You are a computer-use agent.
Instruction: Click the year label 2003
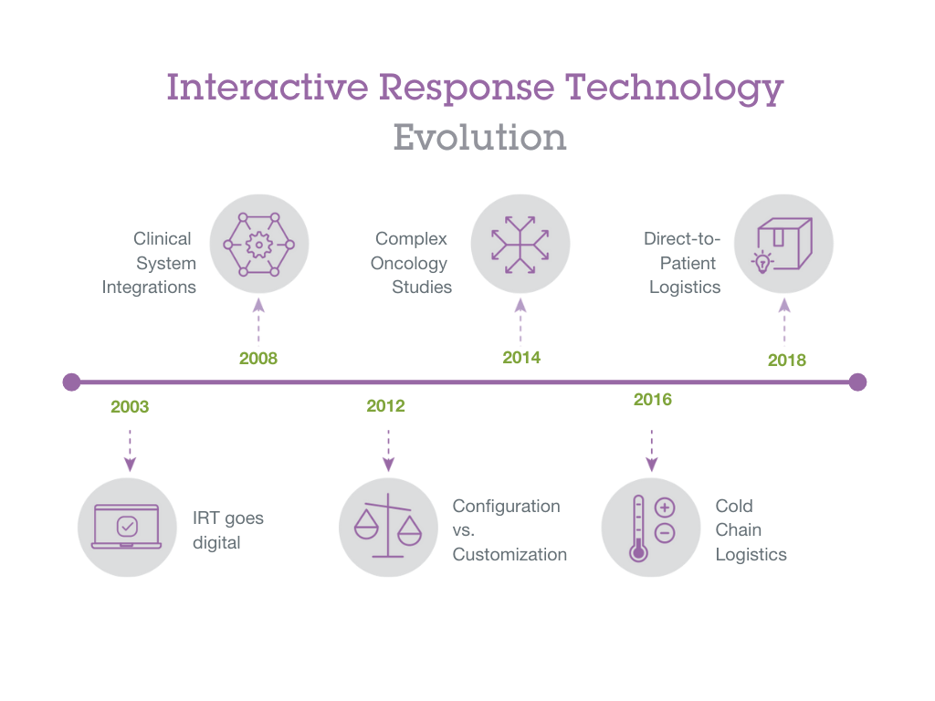[130, 407]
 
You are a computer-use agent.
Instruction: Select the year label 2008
[258, 358]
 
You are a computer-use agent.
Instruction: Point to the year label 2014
[521, 357]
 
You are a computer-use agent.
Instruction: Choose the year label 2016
[652, 400]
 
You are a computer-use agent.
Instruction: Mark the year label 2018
[786, 360]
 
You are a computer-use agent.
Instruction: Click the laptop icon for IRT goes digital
[127, 527]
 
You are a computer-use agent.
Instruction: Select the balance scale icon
[388, 527]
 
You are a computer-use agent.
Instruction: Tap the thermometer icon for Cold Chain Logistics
[651, 527]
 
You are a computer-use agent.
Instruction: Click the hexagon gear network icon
[259, 245]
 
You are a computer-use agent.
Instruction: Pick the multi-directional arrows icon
[520, 245]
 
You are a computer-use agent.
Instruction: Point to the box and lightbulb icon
[784, 245]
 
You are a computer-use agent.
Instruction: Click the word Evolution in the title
[479, 138]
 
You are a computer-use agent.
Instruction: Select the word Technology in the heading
[674, 89]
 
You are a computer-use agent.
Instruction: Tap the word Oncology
[408, 263]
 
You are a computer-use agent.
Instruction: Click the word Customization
[510, 554]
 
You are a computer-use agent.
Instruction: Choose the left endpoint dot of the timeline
[71, 382]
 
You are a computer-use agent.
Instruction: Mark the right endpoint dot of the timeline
[857, 382]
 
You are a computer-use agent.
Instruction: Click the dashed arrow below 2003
[130, 448]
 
